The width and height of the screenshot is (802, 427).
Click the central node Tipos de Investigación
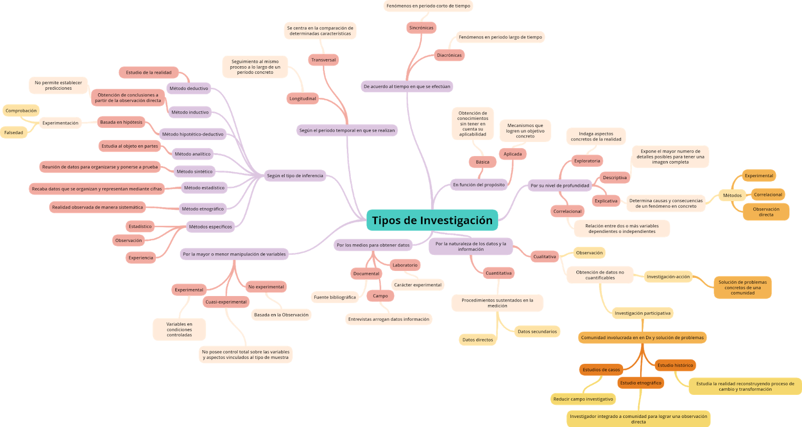tap(432, 220)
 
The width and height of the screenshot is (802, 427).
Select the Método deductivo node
tap(188, 88)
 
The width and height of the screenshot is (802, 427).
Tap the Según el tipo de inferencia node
tap(295, 176)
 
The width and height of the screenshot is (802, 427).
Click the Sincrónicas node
tap(421, 28)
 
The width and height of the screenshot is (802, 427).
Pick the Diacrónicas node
tap(449, 55)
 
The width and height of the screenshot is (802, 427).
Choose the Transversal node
tap(323, 60)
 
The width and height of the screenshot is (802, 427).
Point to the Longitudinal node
tap(303, 98)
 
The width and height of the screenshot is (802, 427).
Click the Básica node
tap(482, 162)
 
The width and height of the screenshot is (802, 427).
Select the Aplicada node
tap(512, 154)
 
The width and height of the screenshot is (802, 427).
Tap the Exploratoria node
tap(587, 161)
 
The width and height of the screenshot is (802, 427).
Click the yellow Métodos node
tap(732, 195)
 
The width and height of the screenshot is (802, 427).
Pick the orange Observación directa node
tap(766, 212)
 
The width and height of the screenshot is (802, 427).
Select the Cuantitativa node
tap(498, 273)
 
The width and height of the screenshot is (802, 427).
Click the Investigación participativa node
tap(643, 313)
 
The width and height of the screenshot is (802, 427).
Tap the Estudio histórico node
tap(675, 365)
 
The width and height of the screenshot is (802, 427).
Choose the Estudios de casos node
tap(601, 370)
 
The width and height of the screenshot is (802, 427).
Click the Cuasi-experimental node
tap(226, 302)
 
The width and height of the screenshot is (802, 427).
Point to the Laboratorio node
tap(405, 265)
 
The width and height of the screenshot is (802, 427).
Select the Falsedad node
tap(14, 132)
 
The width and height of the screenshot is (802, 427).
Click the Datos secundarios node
tap(537, 331)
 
